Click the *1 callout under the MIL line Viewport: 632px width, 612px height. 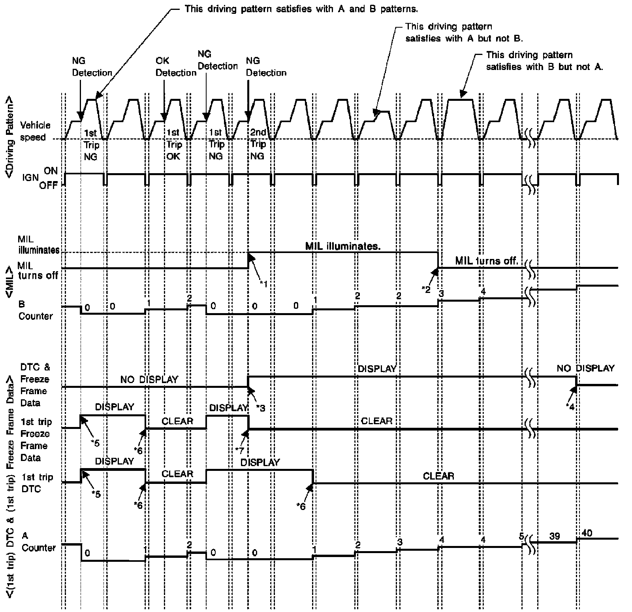pos(263,283)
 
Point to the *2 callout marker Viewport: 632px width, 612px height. pos(426,289)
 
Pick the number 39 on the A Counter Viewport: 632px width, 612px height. pos(555,536)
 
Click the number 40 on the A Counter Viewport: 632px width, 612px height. pos(587,533)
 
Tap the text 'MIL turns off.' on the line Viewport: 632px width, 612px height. pos(486,261)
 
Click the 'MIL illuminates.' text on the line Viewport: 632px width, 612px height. pos(343,246)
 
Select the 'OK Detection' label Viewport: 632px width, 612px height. pos(176,67)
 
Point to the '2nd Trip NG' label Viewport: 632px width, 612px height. pos(258,144)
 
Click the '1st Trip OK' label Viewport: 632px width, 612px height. pos(173,144)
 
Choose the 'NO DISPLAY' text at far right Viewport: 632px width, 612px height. pos(585,368)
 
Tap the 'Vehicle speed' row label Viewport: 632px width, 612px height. pos(35,131)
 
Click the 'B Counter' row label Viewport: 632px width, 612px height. pos(35,310)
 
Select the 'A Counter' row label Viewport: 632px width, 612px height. pos(38,542)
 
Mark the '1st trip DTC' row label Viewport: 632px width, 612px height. pos(38,483)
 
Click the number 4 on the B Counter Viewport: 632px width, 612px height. pos(482,292)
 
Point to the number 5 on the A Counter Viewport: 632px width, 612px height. pos(521,536)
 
